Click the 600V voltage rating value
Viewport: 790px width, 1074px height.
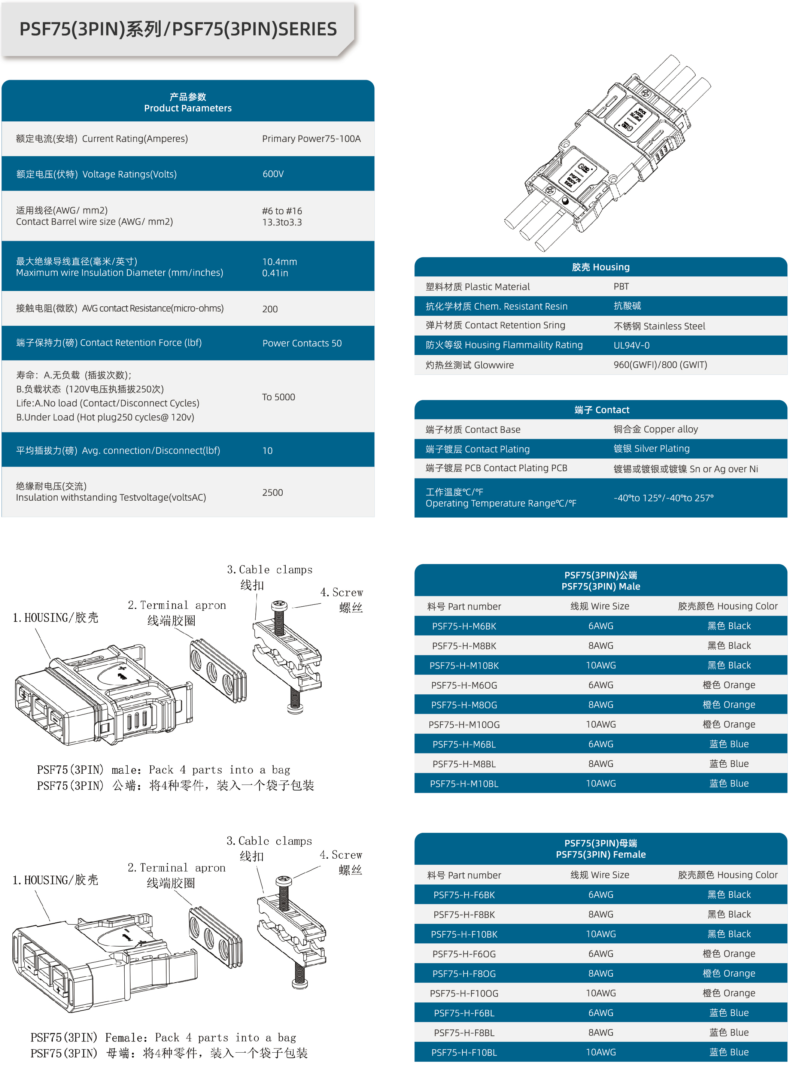coord(273,174)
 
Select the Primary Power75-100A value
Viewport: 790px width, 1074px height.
coord(311,139)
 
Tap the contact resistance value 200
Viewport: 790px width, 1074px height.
coord(270,309)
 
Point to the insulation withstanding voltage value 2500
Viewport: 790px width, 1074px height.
coord(272,492)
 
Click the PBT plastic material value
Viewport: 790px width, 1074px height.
coord(621,286)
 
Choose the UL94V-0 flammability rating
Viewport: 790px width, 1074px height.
coord(631,345)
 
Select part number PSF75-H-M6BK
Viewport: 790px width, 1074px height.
coord(464,626)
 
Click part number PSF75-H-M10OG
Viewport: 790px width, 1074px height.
coord(464,725)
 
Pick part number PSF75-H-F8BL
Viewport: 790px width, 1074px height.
coord(464,1032)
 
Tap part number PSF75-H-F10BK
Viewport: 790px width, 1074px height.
coord(464,934)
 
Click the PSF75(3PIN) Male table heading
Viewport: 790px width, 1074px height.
coord(600,580)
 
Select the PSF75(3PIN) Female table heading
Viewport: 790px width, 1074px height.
coord(600,849)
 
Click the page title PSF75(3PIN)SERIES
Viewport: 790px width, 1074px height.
coord(178,29)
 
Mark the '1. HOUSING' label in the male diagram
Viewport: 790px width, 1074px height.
coord(55,618)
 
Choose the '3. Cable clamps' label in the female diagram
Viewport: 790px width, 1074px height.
coord(269,841)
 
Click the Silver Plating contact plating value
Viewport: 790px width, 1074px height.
coord(651,449)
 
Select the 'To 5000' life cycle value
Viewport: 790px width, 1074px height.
coord(278,397)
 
